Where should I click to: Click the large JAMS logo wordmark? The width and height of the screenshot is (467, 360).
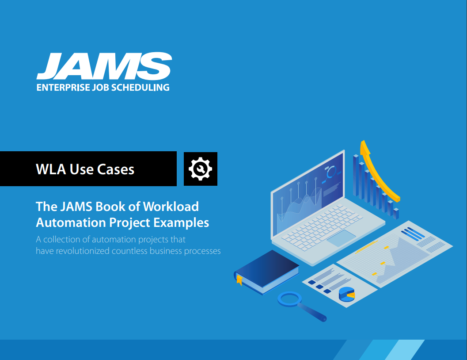click(x=104, y=66)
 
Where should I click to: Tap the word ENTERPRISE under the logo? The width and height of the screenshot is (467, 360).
click(x=63, y=88)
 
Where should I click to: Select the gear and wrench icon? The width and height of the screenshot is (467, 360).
click(x=201, y=169)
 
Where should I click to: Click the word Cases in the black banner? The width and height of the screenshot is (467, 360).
click(x=116, y=169)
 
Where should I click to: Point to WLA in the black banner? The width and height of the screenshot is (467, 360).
click(x=51, y=169)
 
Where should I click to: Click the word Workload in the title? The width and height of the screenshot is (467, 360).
click(x=171, y=207)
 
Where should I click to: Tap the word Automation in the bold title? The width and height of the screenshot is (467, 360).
click(x=71, y=222)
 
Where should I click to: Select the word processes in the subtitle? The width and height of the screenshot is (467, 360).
click(x=202, y=251)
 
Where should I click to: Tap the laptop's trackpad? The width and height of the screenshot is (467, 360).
click(x=341, y=237)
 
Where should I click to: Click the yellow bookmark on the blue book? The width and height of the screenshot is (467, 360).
click(x=239, y=280)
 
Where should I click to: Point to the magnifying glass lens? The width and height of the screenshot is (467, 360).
click(x=289, y=299)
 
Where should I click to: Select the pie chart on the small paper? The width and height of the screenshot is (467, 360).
click(x=347, y=294)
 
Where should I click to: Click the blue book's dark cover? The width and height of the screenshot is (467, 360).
click(x=267, y=268)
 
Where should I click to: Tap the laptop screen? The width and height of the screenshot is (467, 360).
click(x=308, y=194)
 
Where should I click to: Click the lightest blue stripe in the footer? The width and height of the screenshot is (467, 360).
click(x=405, y=350)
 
